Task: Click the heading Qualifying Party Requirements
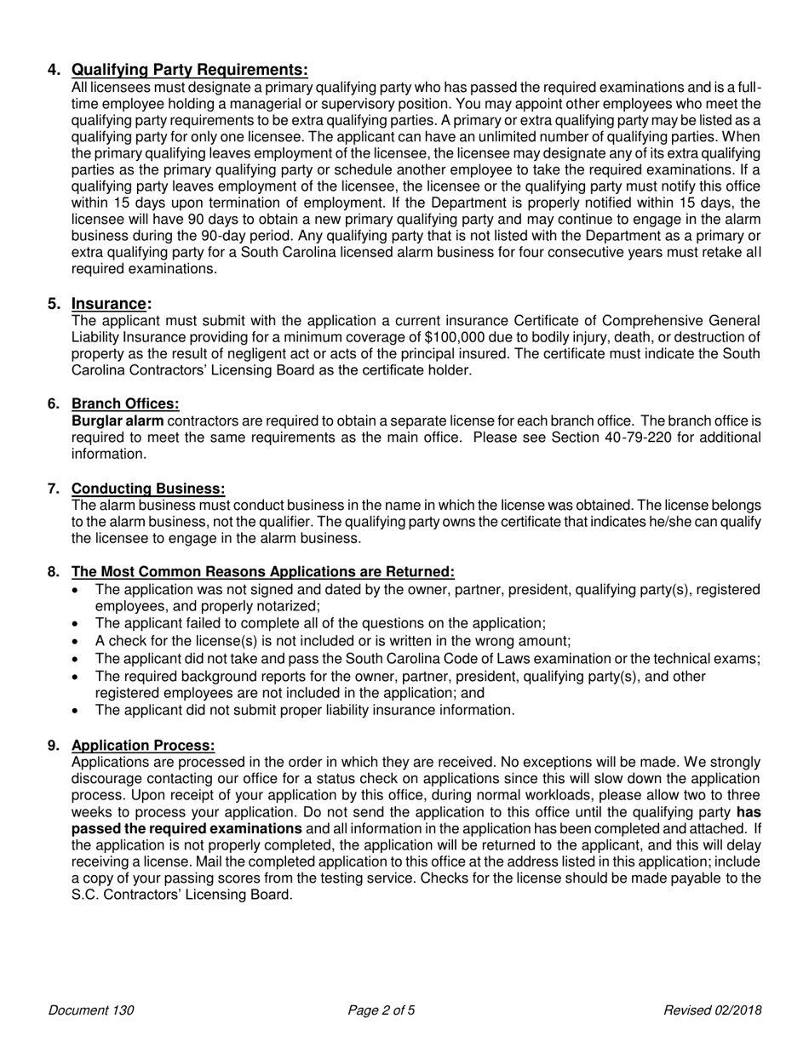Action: click(x=189, y=70)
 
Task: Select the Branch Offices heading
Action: click(x=125, y=403)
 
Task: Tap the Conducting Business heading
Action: click(x=148, y=489)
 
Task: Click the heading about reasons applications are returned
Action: click(x=262, y=572)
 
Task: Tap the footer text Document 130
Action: click(x=91, y=1011)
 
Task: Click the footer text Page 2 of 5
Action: click(x=382, y=1011)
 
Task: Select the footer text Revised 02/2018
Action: click(x=712, y=1011)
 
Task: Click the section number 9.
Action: click(x=54, y=746)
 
